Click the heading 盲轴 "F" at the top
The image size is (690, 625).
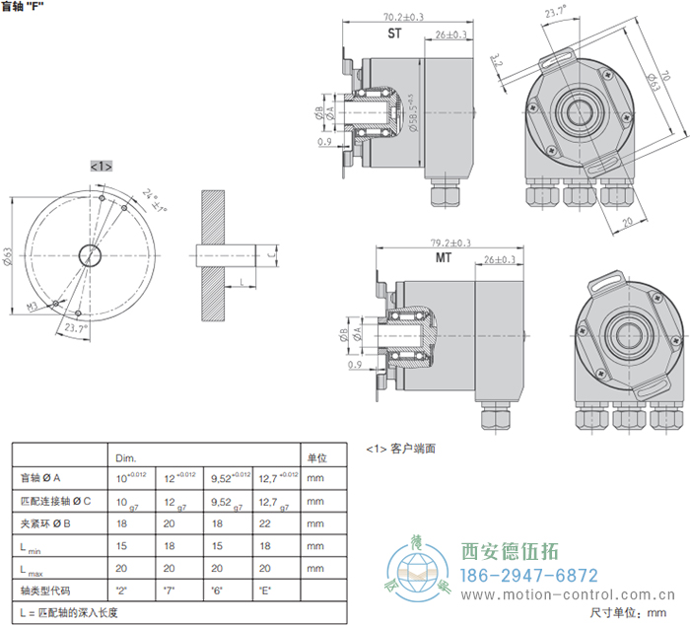point(24,7)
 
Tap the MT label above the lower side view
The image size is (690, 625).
point(445,258)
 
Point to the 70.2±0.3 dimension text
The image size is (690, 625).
point(401,17)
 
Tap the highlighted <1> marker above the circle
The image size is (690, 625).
point(102,166)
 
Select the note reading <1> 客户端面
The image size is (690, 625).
point(400,449)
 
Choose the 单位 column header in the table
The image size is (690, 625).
point(316,458)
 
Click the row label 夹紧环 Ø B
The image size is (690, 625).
point(48,523)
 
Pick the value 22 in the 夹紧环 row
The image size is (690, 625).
point(262,523)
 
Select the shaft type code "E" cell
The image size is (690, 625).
point(262,590)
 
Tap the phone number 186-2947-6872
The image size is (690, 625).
point(530,576)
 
